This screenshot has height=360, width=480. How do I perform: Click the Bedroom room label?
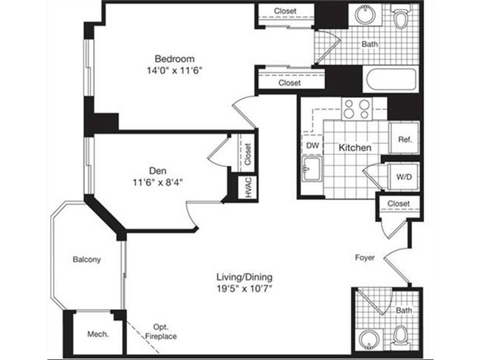pyautogui.click(x=174, y=58)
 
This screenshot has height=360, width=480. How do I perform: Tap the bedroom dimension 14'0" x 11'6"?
pyautogui.click(x=174, y=71)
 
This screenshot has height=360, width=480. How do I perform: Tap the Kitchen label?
pyautogui.click(x=354, y=148)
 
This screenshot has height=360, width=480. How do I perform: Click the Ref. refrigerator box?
pyautogui.click(x=404, y=138)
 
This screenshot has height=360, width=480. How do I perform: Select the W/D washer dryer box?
pyautogui.click(x=404, y=177)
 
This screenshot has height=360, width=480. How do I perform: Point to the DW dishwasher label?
pyautogui.click(x=312, y=146)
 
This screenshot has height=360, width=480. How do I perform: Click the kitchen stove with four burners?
pyautogui.click(x=356, y=109)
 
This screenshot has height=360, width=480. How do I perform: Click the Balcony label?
pyautogui.click(x=86, y=260)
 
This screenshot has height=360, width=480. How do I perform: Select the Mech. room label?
pyautogui.click(x=98, y=333)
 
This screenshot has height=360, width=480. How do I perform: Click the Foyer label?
pyautogui.click(x=364, y=258)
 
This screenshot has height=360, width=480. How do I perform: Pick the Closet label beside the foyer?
pyautogui.click(x=398, y=204)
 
